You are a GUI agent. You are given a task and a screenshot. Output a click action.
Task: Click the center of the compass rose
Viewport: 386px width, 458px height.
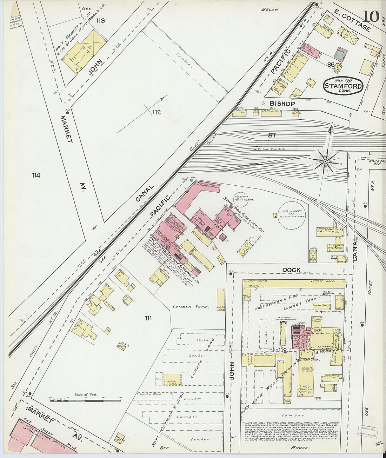pos(325,161)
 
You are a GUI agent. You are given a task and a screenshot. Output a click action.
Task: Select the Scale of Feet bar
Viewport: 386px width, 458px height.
pos(86,400)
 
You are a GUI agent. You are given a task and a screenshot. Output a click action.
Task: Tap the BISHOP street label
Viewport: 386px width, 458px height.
pos(282,104)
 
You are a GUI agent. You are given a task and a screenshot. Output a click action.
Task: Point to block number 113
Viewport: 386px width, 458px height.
pos(100,21)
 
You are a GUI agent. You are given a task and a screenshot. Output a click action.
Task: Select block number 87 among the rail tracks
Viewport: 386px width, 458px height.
pos(272,135)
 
